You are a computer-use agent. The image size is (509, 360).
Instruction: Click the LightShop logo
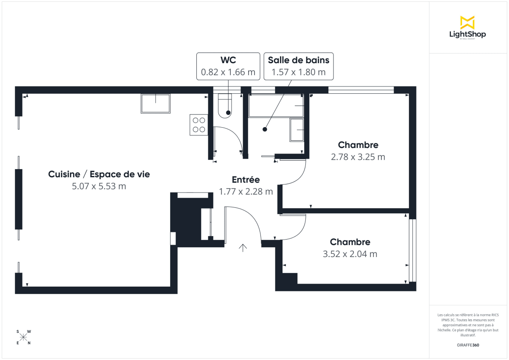pyautogui.click(x=467, y=28)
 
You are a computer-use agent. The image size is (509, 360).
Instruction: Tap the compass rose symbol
pyautogui.click(x=23, y=337)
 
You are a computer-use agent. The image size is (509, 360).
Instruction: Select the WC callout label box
pyautogui.click(x=228, y=66)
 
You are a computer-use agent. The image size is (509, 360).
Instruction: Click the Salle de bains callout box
pyautogui.click(x=299, y=66)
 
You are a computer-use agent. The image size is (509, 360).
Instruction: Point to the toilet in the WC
pyautogui.click(x=225, y=106)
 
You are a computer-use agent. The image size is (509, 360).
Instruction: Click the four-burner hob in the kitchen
pyautogui.click(x=199, y=125)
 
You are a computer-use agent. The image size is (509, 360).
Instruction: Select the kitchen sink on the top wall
pyautogui.click(x=155, y=103)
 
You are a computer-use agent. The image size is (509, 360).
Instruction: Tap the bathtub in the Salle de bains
pyautogui.click(x=276, y=106)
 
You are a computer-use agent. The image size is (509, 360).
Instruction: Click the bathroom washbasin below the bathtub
pyautogui.click(x=297, y=130)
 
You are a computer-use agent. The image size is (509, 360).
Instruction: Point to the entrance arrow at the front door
pyautogui.click(x=243, y=248)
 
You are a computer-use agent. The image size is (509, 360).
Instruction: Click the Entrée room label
pyautogui.click(x=246, y=180)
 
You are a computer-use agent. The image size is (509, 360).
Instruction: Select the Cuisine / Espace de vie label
pyautogui.click(x=99, y=174)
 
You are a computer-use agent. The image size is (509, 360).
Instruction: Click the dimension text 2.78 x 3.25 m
pyautogui.click(x=358, y=157)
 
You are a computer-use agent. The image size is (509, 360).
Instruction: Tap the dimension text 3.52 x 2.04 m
pyautogui.click(x=350, y=254)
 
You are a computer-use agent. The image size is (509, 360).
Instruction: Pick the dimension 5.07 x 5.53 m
pyautogui.click(x=99, y=186)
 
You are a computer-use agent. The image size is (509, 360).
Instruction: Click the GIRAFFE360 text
pyautogui.click(x=468, y=345)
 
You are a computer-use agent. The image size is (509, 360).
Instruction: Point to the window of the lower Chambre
pyautogui.click(x=413, y=250)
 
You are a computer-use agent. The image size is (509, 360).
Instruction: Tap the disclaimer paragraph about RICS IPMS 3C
pyautogui.click(x=468, y=325)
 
